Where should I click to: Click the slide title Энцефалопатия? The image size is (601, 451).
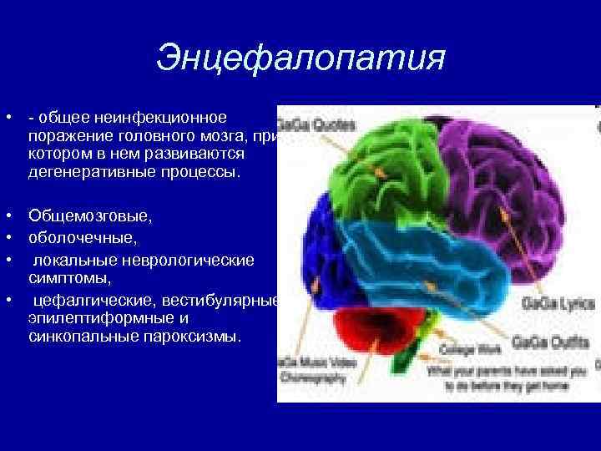point(300,58)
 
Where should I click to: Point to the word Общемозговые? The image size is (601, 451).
point(89,216)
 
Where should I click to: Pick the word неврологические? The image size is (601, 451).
point(184,261)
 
